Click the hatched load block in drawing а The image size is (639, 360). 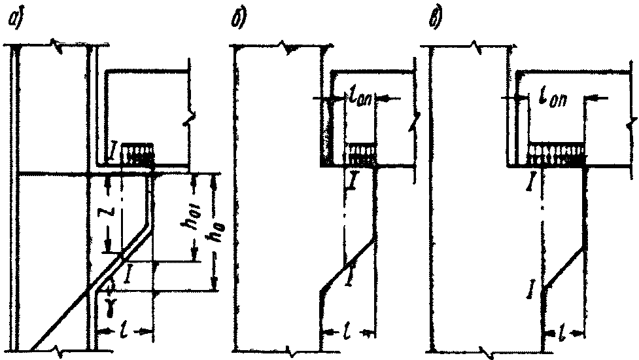[137, 154]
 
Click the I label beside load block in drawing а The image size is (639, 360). [114, 154]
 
